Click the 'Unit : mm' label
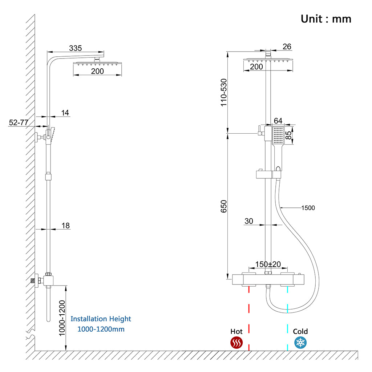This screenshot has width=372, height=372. (x=326, y=19)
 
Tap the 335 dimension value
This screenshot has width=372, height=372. (x=76, y=48)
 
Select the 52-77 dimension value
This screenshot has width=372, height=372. (x=19, y=123)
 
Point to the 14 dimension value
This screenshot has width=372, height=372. (x=65, y=113)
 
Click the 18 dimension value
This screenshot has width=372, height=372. (x=65, y=226)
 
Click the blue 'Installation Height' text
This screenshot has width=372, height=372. (x=101, y=319)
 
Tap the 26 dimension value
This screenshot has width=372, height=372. (x=287, y=46)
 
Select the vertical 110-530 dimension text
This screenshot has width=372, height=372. (x=224, y=92)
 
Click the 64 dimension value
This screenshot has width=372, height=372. (x=278, y=121)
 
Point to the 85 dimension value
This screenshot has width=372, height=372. (x=289, y=135)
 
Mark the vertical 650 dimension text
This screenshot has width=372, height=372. (x=224, y=206)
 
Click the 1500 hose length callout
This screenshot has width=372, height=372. (x=308, y=208)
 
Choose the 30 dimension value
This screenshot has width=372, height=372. (x=249, y=221)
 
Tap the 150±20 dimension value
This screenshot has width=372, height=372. (x=268, y=264)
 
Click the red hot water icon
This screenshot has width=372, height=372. (x=236, y=343)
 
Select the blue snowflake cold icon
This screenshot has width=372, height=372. (x=300, y=342)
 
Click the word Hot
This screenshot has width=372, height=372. (x=236, y=331)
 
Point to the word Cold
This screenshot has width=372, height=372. (x=300, y=331)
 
